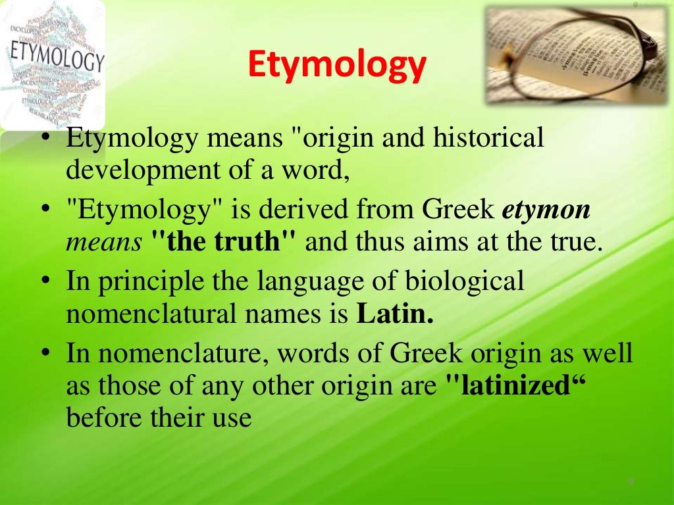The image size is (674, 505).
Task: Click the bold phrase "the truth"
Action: pyautogui.click(x=224, y=243)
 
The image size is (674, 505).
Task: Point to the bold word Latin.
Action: pyautogui.click(x=395, y=314)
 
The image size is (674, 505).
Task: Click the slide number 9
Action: pyautogui.click(x=630, y=482)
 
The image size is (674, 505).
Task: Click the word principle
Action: pyautogui.click(x=151, y=282)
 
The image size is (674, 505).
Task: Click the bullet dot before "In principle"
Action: pyautogui.click(x=45, y=281)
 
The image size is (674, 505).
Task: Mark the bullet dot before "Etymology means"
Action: pyautogui.click(x=45, y=139)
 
